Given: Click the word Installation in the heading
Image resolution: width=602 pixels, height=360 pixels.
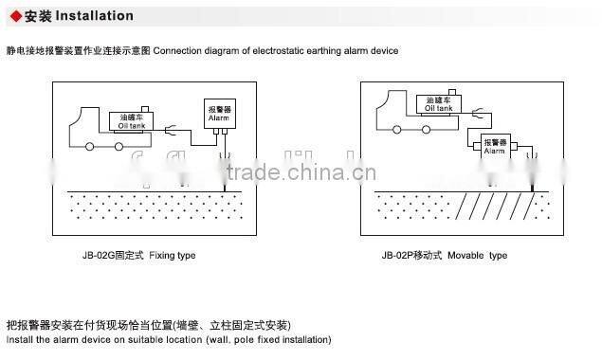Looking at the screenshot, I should tap(94, 16).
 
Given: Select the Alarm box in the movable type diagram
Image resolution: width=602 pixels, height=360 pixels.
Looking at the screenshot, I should tap(495, 147).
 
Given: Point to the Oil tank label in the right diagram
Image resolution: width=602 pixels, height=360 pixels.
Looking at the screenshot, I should tap(439, 106).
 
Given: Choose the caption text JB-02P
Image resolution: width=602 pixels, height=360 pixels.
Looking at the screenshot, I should tap(399, 255).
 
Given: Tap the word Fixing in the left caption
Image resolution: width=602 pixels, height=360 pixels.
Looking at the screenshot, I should tap(162, 255).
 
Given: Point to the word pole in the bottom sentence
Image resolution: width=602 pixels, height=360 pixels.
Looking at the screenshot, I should tap(226, 338).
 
